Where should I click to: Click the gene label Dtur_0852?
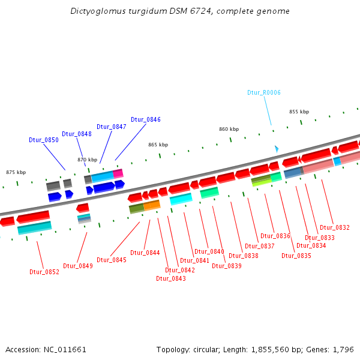(x=44, y=272)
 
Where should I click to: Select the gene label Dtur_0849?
(x=78, y=266)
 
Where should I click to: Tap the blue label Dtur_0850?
(x=44, y=140)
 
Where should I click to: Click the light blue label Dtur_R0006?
(x=264, y=92)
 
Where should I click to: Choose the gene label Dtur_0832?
(x=335, y=227)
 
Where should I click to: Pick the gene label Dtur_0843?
(x=171, y=278)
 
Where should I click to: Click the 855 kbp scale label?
(x=299, y=112)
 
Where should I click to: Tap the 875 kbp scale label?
(x=16, y=172)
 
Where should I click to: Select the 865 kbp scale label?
(x=158, y=145)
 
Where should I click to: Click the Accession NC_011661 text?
(x=46, y=349)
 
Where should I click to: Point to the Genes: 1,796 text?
(x=335, y=349)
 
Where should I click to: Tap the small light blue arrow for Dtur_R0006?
(x=276, y=148)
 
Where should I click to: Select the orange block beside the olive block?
(x=152, y=205)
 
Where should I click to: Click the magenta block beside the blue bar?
(x=118, y=173)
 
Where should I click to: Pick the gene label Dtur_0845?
(x=112, y=260)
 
